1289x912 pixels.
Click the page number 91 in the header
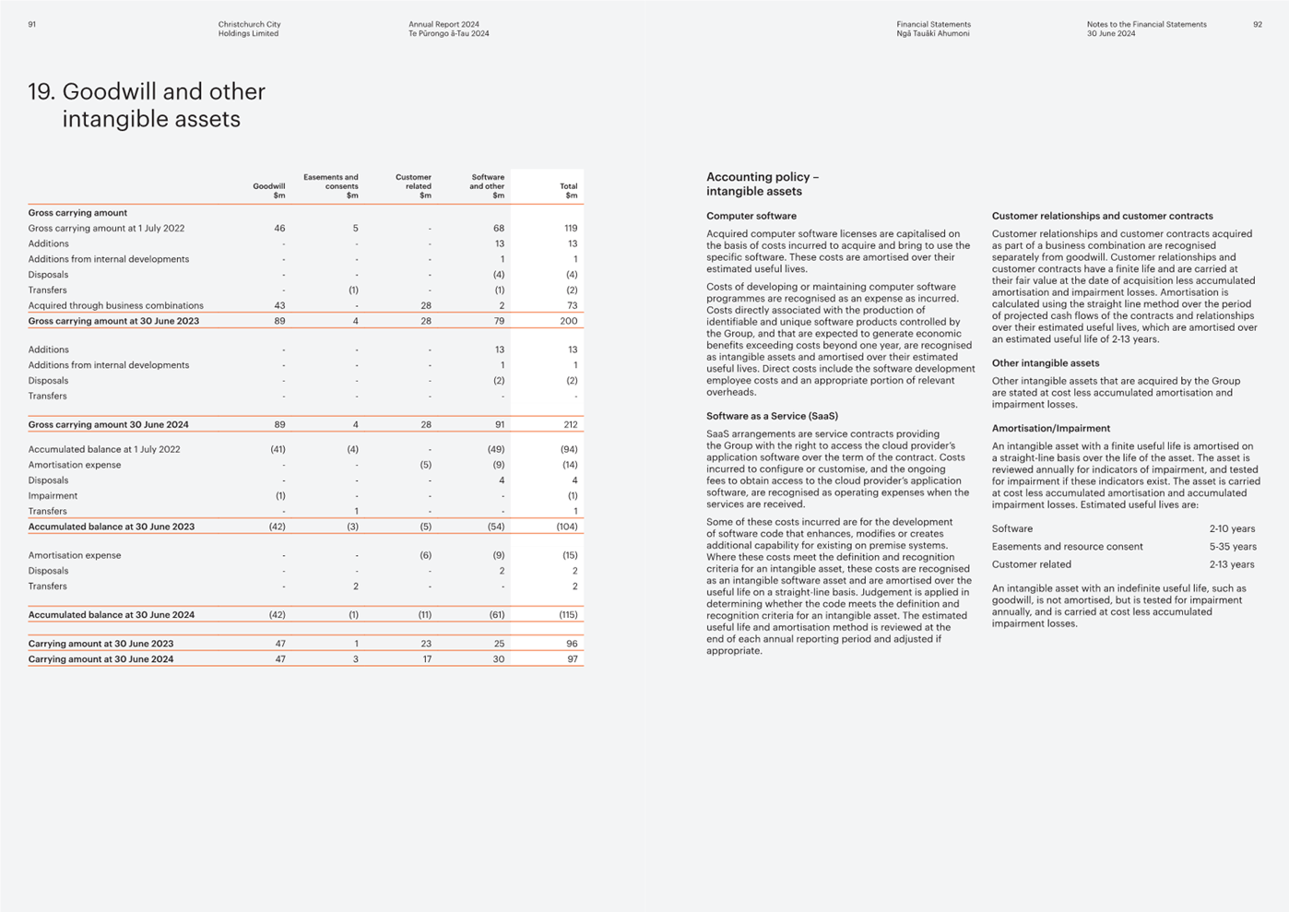(31, 24)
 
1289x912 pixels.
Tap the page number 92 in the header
(1258, 24)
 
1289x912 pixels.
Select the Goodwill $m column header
(268, 191)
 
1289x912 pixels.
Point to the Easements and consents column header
(331, 186)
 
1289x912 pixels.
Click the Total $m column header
(569, 191)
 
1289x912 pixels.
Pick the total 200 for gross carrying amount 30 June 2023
(569, 321)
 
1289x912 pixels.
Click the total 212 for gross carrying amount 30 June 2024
(570, 424)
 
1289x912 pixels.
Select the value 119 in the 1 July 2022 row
(571, 228)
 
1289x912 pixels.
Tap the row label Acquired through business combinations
(115, 305)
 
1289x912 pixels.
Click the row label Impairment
(53, 495)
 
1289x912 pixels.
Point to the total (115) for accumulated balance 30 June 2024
(568, 614)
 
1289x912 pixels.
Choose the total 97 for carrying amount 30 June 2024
(572, 658)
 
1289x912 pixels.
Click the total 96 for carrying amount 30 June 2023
(572, 644)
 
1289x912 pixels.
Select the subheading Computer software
(751, 216)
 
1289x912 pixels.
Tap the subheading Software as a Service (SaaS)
(773, 416)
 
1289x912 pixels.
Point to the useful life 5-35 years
(1233, 547)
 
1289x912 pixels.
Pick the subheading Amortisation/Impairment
(1051, 428)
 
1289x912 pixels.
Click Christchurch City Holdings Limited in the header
(249, 29)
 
